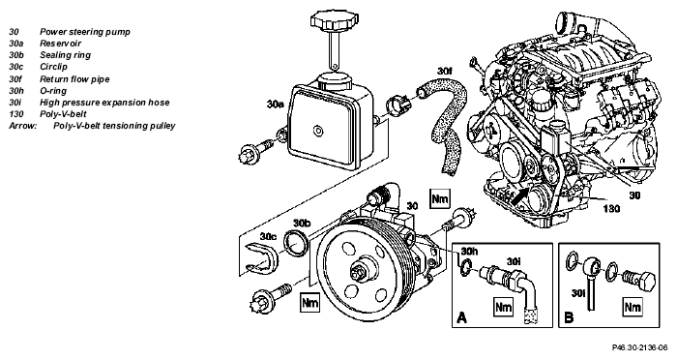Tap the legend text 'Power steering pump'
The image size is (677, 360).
click(x=85, y=32)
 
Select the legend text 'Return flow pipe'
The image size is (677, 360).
click(x=74, y=79)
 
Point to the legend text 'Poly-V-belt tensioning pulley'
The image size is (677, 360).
click(x=114, y=126)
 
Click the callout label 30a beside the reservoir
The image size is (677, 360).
click(x=275, y=105)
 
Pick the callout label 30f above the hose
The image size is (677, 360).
click(x=444, y=72)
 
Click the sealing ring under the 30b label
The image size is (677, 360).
click(x=296, y=243)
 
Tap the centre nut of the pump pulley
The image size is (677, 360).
click(x=359, y=273)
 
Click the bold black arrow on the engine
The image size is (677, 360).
click(x=520, y=195)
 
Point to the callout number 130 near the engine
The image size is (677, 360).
click(x=611, y=209)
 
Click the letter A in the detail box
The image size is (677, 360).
click(x=461, y=318)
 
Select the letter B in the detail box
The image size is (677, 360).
click(x=569, y=318)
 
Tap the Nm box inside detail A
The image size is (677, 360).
click(x=503, y=307)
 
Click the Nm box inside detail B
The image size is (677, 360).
click(x=633, y=307)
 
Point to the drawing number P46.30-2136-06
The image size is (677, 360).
click(x=639, y=347)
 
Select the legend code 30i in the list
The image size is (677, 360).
click(x=15, y=103)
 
